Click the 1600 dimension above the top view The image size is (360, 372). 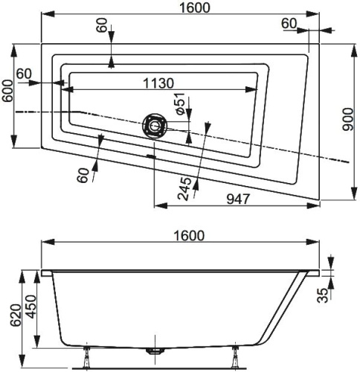(x=194, y=7)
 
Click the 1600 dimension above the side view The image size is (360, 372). (x=189, y=235)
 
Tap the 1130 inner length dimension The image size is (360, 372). (x=158, y=83)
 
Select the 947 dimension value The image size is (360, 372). (x=238, y=199)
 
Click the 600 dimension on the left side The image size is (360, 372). (x=7, y=91)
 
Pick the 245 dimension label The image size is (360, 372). (x=184, y=188)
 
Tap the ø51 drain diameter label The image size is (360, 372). (x=180, y=103)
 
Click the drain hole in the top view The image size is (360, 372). (x=155, y=125)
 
